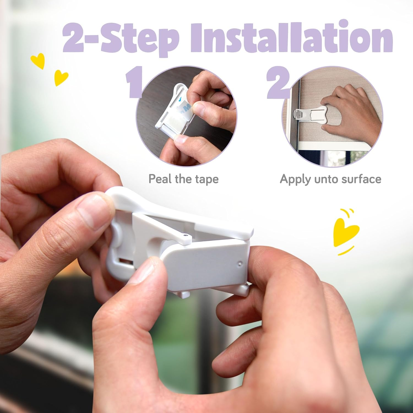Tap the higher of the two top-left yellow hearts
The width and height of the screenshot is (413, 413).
click(x=38, y=61)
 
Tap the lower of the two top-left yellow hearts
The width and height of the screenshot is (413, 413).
click(x=61, y=77)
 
